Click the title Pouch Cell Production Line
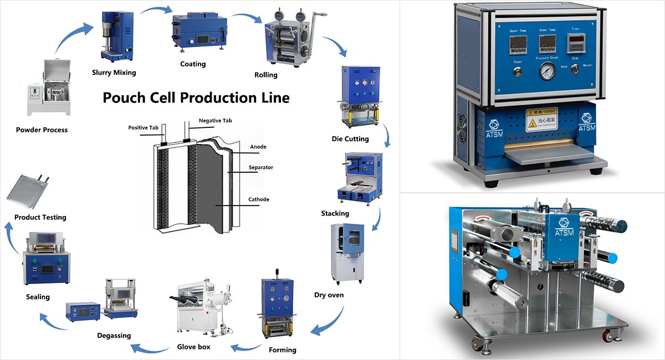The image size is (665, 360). pyautogui.click(x=196, y=98)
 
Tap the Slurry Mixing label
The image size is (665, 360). pyautogui.click(x=114, y=73)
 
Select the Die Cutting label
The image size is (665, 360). pyautogui.click(x=350, y=139)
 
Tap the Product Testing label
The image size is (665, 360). pyautogui.click(x=40, y=218)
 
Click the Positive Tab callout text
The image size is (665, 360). pyautogui.click(x=144, y=127)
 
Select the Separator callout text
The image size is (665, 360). pyautogui.click(x=260, y=167)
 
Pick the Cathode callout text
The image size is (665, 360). pyautogui.click(x=259, y=199)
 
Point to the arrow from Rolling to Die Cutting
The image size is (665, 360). pyautogui.click(x=336, y=47)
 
